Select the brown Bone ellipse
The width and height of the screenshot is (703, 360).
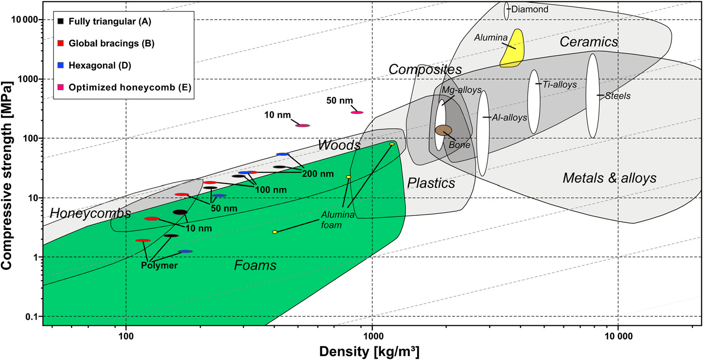(443, 130)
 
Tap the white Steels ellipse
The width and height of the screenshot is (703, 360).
(592, 96)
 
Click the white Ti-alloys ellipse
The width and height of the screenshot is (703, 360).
(534, 101)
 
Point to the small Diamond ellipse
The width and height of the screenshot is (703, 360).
(506, 10)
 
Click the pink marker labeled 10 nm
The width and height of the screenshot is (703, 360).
(302, 125)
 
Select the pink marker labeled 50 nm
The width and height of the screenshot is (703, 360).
(357, 112)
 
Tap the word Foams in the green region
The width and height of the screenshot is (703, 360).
(255, 265)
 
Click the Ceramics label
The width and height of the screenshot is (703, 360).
(589, 42)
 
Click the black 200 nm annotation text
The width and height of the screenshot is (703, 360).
(318, 174)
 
